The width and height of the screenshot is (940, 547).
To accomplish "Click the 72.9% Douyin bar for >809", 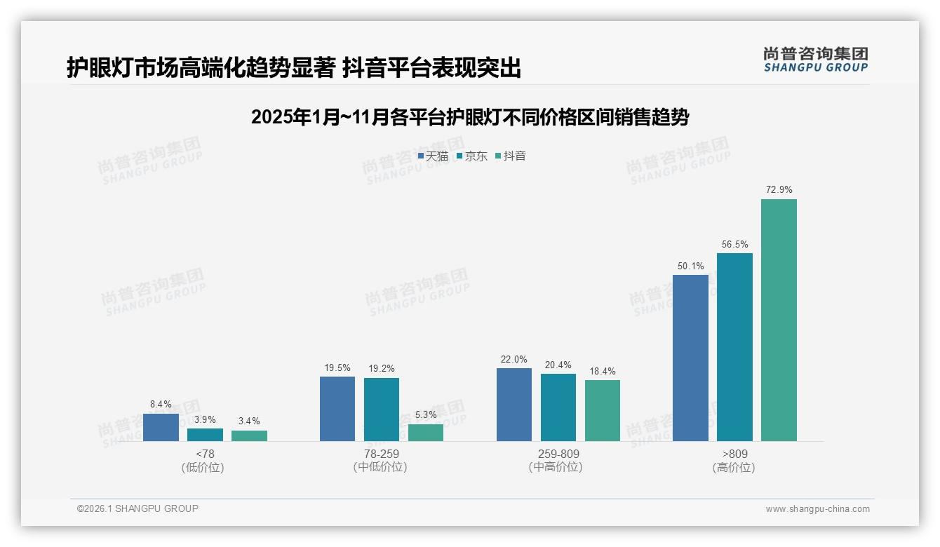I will pyautogui.click(x=779, y=320).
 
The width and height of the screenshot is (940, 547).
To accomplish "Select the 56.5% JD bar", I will pyautogui.click(x=734, y=347).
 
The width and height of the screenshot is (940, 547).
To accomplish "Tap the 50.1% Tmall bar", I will pyautogui.click(x=690, y=358).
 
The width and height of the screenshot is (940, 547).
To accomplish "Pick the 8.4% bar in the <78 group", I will pyautogui.click(x=161, y=427).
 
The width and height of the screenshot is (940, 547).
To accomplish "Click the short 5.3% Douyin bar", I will pyautogui.click(x=426, y=433).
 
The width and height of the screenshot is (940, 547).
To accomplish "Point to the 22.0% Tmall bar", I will pyautogui.click(x=513, y=405).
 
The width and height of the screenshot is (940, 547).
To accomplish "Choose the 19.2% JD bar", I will pyautogui.click(x=382, y=410).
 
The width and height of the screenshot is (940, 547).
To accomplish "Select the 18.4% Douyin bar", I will pyautogui.click(x=603, y=410).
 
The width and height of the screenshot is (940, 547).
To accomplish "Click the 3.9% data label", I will pyautogui.click(x=205, y=419).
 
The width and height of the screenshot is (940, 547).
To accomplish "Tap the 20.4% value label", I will pyautogui.click(x=558, y=365).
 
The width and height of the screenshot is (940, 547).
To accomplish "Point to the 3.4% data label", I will pyautogui.click(x=249, y=421).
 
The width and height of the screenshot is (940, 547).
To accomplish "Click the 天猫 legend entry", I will pyautogui.click(x=433, y=156).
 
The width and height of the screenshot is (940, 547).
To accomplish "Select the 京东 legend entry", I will pyautogui.click(x=471, y=156).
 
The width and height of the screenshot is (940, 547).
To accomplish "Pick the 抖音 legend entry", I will pyautogui.click(x=511, y=156).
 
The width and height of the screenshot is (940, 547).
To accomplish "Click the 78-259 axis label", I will pyautogui.click(x=381, y=454).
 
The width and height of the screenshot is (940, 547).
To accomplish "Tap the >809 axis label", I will pyautogui.click(x=734, y=454).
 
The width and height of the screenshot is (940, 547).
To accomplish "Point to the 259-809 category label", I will pyautogui.click(x=558, y=454).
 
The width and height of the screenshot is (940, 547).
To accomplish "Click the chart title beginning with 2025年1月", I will pyautogui.click(x=469, y=117).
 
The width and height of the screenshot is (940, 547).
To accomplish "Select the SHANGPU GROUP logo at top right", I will pyautogui.click(x=815, y=60).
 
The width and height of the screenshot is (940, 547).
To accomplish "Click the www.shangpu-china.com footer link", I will pyautogui.click(x=817, y=509).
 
